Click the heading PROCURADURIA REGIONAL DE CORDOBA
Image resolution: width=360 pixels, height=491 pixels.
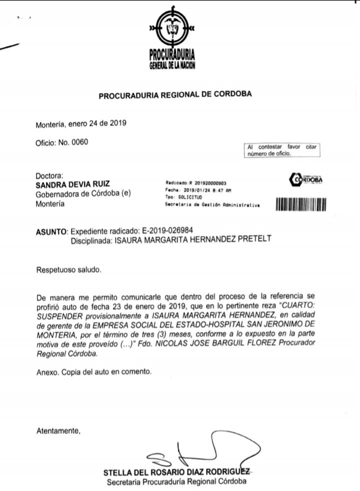pos(175,94)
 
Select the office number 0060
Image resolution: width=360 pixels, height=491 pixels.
pos(80,142)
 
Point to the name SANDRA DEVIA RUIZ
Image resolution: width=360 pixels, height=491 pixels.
pos(72,184)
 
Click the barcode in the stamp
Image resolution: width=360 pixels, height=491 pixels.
pos(300,204)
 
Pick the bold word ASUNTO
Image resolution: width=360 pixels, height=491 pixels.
pos(51,232)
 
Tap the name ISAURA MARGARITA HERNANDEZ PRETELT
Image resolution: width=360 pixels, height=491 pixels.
pos(193,239)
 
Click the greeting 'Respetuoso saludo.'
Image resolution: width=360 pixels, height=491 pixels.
pos(68,270)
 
